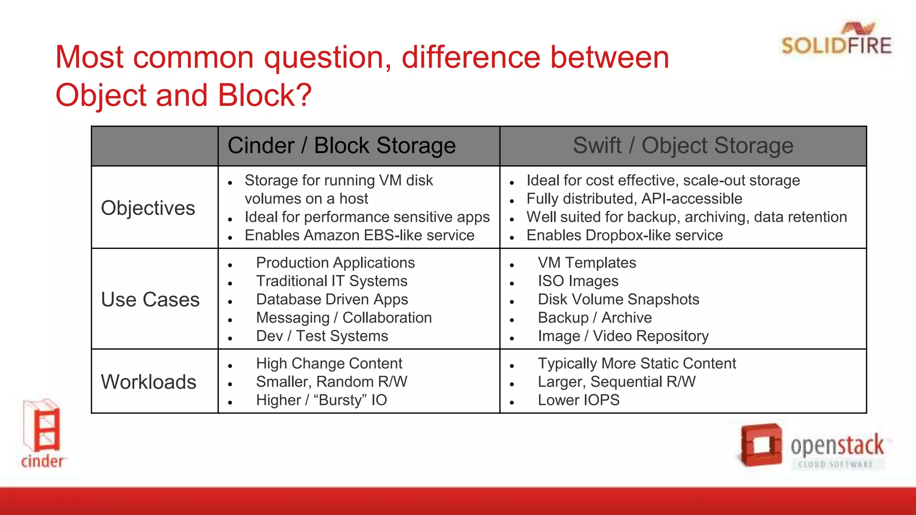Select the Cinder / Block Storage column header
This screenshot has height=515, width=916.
342,146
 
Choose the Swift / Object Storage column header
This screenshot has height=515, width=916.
683,146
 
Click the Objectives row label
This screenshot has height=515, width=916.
148,208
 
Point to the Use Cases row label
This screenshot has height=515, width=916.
150,300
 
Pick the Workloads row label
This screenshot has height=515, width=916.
148,382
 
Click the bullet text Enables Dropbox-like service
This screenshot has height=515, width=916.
624,235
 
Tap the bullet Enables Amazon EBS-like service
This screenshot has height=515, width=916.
359,235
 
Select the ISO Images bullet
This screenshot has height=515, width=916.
578,281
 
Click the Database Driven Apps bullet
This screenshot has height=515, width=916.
332,299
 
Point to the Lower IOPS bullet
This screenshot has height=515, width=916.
578,400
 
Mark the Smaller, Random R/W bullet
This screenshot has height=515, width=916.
331,381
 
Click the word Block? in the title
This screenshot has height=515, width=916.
265,95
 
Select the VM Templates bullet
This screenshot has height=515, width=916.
587,262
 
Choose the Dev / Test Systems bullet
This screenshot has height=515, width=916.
322,336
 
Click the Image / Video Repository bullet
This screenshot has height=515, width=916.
623,336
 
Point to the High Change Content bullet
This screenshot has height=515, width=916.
329,363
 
